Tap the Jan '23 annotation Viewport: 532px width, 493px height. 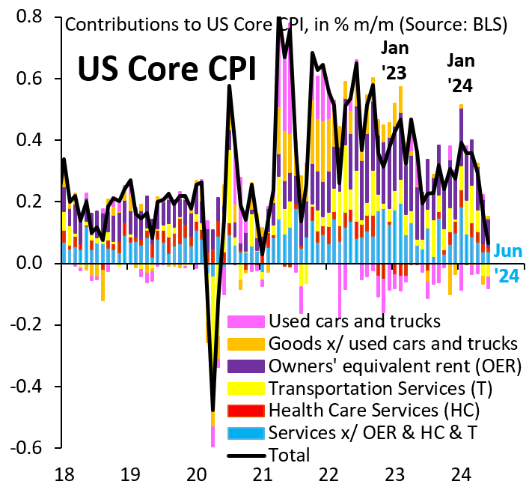tap(395, 59)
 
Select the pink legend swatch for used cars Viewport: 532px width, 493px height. tap(246, 322)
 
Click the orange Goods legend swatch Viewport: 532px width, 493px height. tap(246, 345)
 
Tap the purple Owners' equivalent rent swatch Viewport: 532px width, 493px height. tap(246, 366)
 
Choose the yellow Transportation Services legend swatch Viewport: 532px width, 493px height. tap(246, 388)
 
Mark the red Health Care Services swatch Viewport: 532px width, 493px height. tap(246, 411)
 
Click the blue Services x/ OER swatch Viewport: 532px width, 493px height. tap(246, 432)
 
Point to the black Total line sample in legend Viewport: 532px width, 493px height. tap(246, 453)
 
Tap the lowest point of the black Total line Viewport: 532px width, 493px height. tap(213, 411)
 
